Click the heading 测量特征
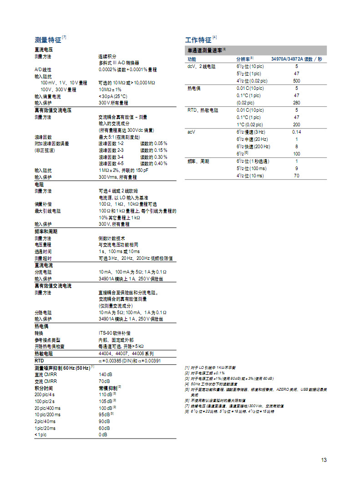[48, 40]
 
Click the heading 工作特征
[198, 40]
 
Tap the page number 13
[324, 460]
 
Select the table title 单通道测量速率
[204, 50]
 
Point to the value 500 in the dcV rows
[296, 81]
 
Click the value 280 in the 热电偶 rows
[296, 103]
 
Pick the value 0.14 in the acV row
[296, 132]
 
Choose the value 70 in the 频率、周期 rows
[296, 176]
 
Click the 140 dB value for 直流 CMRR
[105, 375]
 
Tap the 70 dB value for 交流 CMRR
[104, 381]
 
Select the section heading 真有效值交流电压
[53, 110]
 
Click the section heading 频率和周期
[46, 232]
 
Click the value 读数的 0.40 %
[153, 163]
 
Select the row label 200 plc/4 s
[45, 394]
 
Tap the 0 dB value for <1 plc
[103, 434]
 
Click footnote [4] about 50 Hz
[214, 384]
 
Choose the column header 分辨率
[244, 59]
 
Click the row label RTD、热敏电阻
[203, 110]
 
